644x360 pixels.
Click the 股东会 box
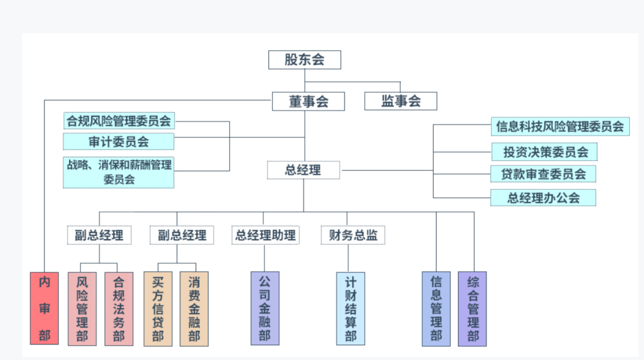tap(304, 60)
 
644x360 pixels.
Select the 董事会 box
tap(308, 101)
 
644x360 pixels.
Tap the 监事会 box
tap(401, 101)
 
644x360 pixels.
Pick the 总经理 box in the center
tap(303, 170)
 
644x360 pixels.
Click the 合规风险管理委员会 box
tap(119, 121)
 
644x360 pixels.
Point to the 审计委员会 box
tap(119, 142)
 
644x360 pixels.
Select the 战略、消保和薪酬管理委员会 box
tap(119, 172)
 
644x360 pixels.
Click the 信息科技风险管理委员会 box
tap(560, 126)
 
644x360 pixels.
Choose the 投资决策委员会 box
tap(545, 152)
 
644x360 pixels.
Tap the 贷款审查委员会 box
tap(543, 174)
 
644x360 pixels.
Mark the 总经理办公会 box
tap(543, 198)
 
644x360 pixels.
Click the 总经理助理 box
tap(265, 235)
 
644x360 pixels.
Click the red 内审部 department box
tap(45, 308)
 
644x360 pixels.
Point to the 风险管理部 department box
tap(82, 309)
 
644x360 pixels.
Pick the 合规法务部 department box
tap(119, 309)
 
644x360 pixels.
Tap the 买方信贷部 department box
tap(158, 309)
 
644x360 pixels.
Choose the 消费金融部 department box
tap(194, 309)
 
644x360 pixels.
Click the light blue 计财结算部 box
tap(351, 309)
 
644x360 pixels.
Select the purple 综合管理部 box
tap(472, 309)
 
